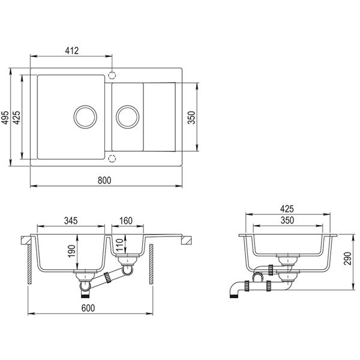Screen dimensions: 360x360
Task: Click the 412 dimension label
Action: click(71, 51)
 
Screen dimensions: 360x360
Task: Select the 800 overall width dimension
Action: click(104, 181)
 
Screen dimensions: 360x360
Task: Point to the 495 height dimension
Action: click(5, 118)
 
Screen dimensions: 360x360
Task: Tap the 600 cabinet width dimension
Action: click(88, 308)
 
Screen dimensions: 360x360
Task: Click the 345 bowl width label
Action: click(71, 221)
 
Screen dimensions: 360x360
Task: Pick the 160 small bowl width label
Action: click(126, 221)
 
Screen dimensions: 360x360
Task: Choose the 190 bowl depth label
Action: click(71, 251)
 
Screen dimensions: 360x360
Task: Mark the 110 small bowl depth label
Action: click(119, 245)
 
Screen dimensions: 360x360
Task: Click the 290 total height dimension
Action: click(347, 259)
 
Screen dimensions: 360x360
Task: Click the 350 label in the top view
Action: click(191, 118)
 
